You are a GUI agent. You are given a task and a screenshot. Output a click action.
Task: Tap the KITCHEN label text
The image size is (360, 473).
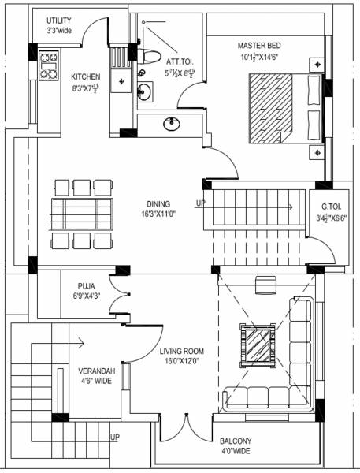[85, 76]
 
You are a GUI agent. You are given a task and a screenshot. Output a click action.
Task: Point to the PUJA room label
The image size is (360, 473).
[87, 286]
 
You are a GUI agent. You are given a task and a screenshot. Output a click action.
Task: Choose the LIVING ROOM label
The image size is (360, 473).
[182, 352]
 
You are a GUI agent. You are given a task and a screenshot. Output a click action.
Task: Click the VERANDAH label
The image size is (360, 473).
[97, 371]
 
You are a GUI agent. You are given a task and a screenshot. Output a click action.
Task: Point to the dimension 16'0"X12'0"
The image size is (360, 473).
[182, 363]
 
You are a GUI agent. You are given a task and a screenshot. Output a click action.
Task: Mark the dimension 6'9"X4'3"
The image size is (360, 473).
[87, 297]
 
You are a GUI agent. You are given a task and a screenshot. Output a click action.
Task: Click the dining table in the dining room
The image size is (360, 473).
[82, 214]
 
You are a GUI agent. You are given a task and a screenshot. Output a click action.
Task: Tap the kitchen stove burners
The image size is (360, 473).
[47, 66]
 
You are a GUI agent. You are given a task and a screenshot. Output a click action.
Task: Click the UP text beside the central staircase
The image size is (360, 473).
[201, 203]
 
